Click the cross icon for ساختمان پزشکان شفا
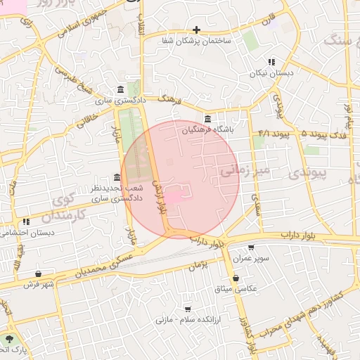[196, 30]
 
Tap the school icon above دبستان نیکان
[271, 62]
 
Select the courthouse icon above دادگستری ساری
[122, 90]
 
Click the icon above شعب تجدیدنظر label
[117, 178]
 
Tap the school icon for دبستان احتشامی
[26, 221]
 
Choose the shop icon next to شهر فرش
[38, 274]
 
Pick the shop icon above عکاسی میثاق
[244, 278]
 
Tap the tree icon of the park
[9, 338]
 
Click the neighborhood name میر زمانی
[244, 169]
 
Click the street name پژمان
[200, 266]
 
